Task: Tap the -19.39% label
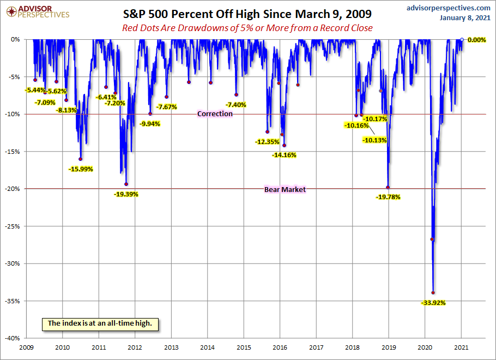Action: click(x=126, y=194)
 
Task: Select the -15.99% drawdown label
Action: click(x=81, y=169)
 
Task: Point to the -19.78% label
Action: click(x=388, y=197)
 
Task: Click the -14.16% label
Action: click(x=284, y=155)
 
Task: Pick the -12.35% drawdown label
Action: click(x=267, y=142)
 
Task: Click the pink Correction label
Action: click(x=215, y=114)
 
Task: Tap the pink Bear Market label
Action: click(x=285, y=189)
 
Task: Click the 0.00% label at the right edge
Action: click(x=476, y=40)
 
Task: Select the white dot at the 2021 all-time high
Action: click(x=462, y=39)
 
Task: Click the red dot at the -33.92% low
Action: click(x=433, y=292)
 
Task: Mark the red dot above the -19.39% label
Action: click(x=126, y=184)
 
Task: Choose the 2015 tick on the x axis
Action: click(x=244, y=347)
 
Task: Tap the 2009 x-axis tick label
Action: click(x=26, y=347)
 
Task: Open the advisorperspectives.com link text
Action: click(x=449, y=8)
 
